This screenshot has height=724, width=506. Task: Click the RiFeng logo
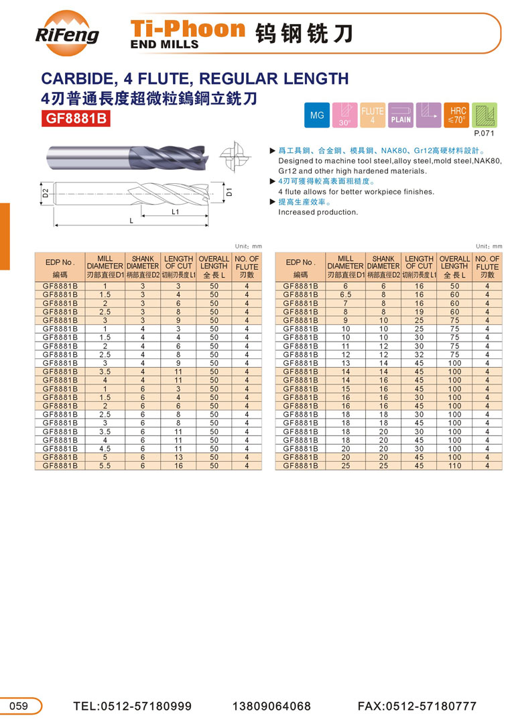tap(66, 30)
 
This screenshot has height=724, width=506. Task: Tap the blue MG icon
tap(317, 115)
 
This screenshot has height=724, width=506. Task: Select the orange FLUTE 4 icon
tap(373, 115)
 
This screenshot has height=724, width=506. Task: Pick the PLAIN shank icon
tap(401, 115)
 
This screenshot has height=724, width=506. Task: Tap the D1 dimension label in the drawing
tap(229, 192)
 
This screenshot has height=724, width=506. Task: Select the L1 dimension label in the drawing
tap(175, 211)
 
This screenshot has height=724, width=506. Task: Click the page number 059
tap(19, 705)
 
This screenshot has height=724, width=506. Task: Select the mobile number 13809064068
tap(272, 706)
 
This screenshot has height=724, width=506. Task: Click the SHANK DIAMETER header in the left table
tap(143, 266)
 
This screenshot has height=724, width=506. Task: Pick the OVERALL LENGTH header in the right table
tap(454, 266)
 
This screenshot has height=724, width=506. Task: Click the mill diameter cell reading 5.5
tap(105, 466)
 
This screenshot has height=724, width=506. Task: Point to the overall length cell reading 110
tap(454, 466)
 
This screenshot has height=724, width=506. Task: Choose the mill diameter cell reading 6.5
tap(346, 295)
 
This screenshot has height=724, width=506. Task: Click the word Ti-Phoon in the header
tap(188, 28)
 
